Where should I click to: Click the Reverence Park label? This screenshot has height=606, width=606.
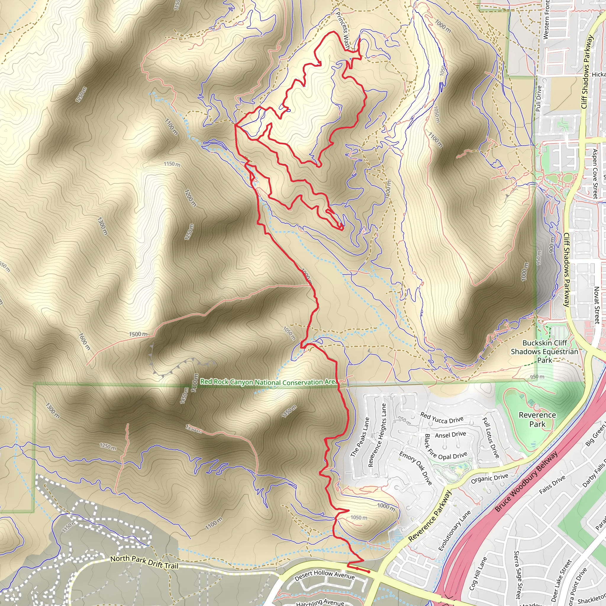537,419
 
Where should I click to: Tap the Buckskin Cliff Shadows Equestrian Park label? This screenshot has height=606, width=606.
544,351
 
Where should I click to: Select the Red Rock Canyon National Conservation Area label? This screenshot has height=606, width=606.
268,382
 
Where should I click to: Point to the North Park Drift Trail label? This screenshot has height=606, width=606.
144,562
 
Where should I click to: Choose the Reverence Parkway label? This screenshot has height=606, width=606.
430,516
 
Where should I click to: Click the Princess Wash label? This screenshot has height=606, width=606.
343,30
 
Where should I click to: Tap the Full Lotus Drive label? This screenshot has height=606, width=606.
491,437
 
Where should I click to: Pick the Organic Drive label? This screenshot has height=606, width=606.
489,479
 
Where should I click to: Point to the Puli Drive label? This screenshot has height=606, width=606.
538,99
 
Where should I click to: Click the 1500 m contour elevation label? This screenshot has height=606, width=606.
138,334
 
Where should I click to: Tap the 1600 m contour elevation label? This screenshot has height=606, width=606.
84,341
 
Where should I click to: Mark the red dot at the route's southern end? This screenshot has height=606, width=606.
369,571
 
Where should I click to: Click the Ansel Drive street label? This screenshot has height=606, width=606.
450,435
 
